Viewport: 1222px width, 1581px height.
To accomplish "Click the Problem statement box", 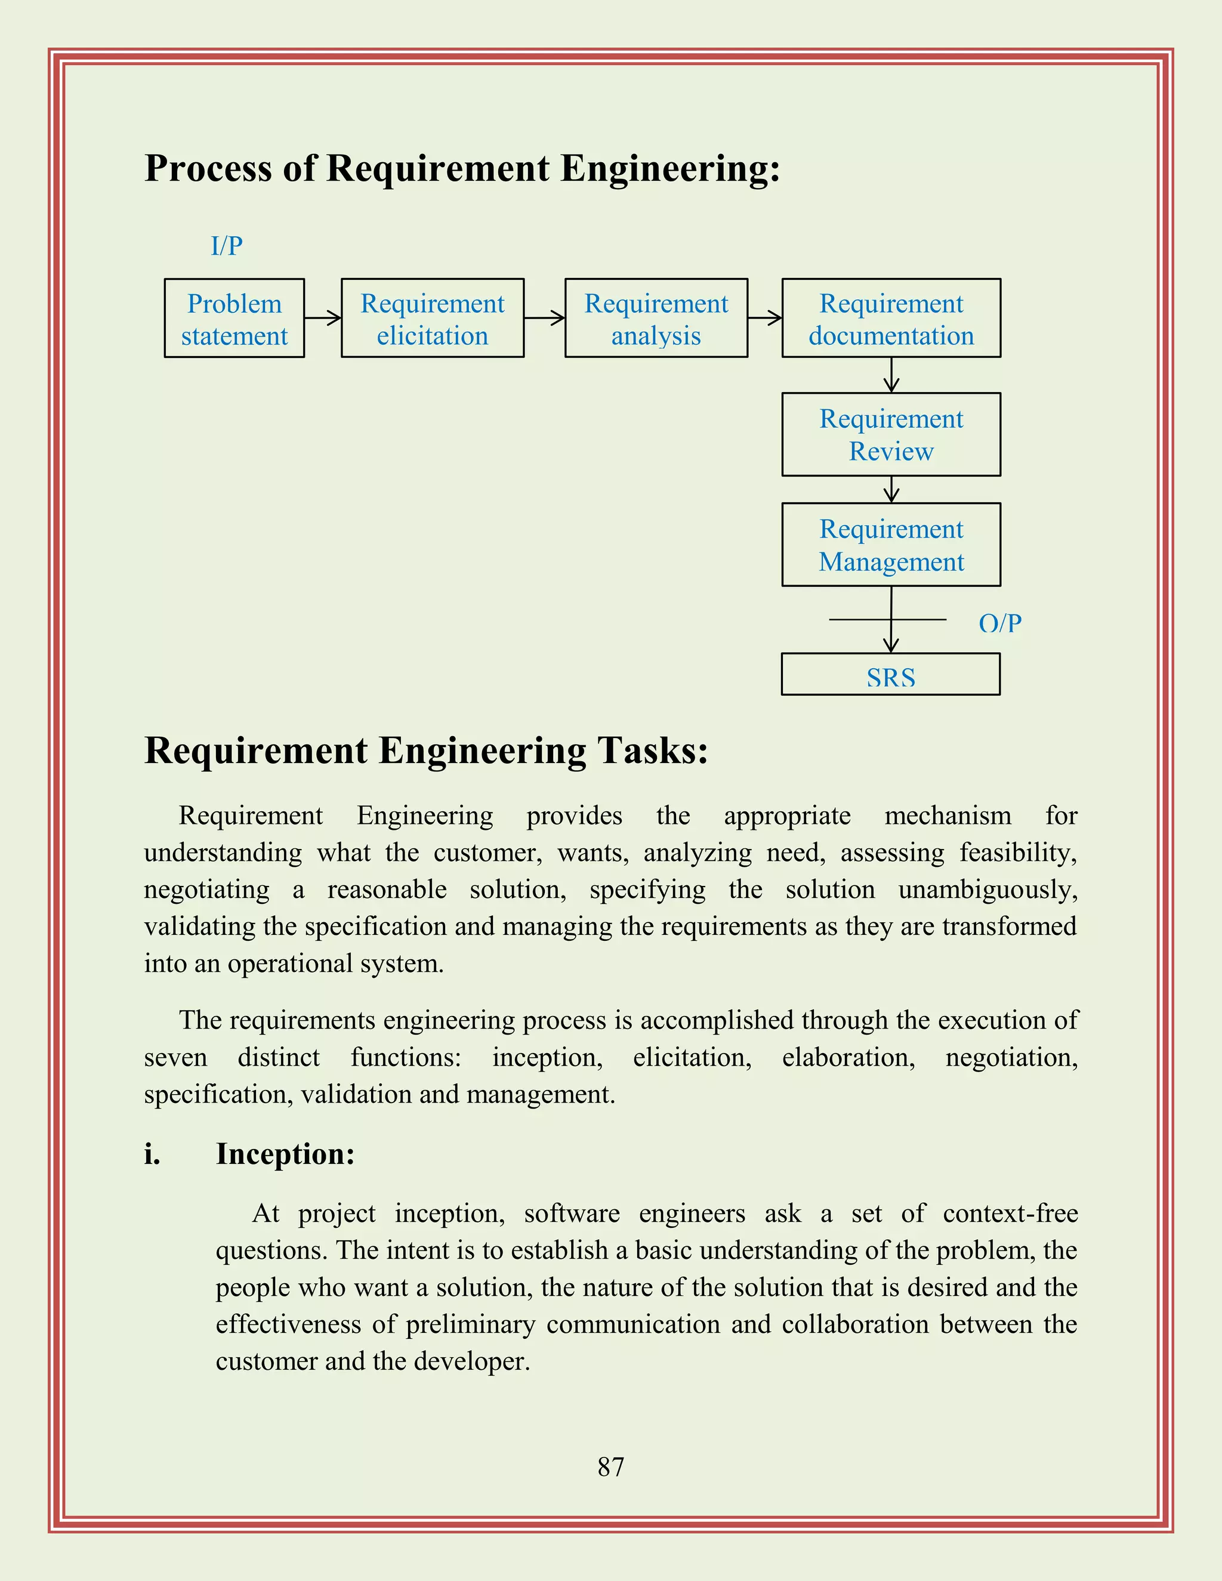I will [x=234, y=319].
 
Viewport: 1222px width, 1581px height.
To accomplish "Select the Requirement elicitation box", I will [x=432, y=319].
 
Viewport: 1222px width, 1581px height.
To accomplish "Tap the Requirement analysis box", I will [x=656, y=319].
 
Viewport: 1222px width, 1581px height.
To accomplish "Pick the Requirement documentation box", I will [x=891, y=319].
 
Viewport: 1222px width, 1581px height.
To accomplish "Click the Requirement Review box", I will [x=891, y=434].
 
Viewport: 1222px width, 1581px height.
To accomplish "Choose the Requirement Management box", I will [x=891, y=544].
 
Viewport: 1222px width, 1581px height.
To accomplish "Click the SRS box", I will [x=890, y=675].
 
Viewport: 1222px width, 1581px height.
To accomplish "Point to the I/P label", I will [x=227, y=246].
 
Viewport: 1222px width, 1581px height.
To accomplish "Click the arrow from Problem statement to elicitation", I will [x=323, y=318].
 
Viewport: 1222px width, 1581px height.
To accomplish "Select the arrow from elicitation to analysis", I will [x=544, y=318].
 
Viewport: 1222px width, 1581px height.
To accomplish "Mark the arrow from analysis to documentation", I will [x=765, y=318].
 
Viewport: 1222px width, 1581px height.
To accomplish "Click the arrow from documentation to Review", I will [x=891, y=375].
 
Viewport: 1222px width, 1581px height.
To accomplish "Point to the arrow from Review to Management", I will [x=891, y=489].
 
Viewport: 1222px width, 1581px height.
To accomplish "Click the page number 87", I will [x=610, y=1466].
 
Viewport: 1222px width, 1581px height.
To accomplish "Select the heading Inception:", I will [x=285, y=1154].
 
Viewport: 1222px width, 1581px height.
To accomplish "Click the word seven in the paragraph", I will [x=175, y=1058].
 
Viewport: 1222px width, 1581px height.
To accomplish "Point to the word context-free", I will [x=1010, y=1213].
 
